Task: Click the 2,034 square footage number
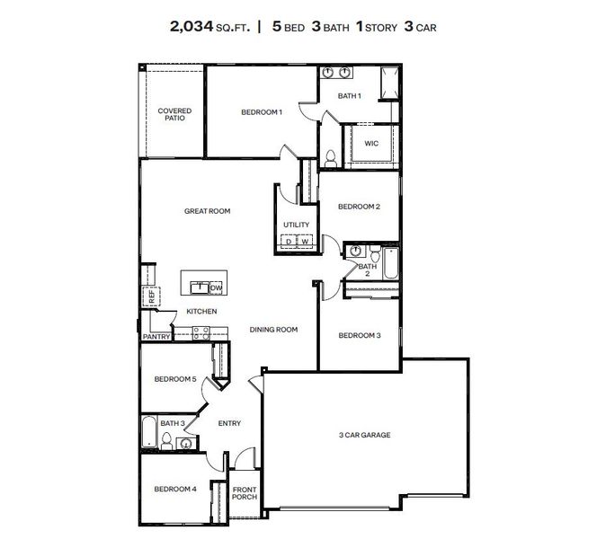tap(191, 26)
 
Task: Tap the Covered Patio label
tap(174, 114)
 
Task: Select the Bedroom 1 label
tap(262, 112)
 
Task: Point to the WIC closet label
tap(370, 143)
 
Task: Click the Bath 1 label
tap(349, 96)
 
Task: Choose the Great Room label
tap(207, 211)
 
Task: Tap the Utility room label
tap(296, 225)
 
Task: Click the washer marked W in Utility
tap(305, 242)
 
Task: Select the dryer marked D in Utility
tap(290, 242)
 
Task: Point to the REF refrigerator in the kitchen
tap(151, 295)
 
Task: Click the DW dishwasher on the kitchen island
tap(215, 287)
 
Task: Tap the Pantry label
tap(156, 337)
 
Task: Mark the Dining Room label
tap(273, 330)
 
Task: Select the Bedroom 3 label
tap(359, 335)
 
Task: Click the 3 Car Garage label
tap(364, 435)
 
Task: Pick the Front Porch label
tap(245, 493)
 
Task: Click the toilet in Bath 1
tap(330, 159)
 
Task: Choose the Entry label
tap(229, 423)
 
